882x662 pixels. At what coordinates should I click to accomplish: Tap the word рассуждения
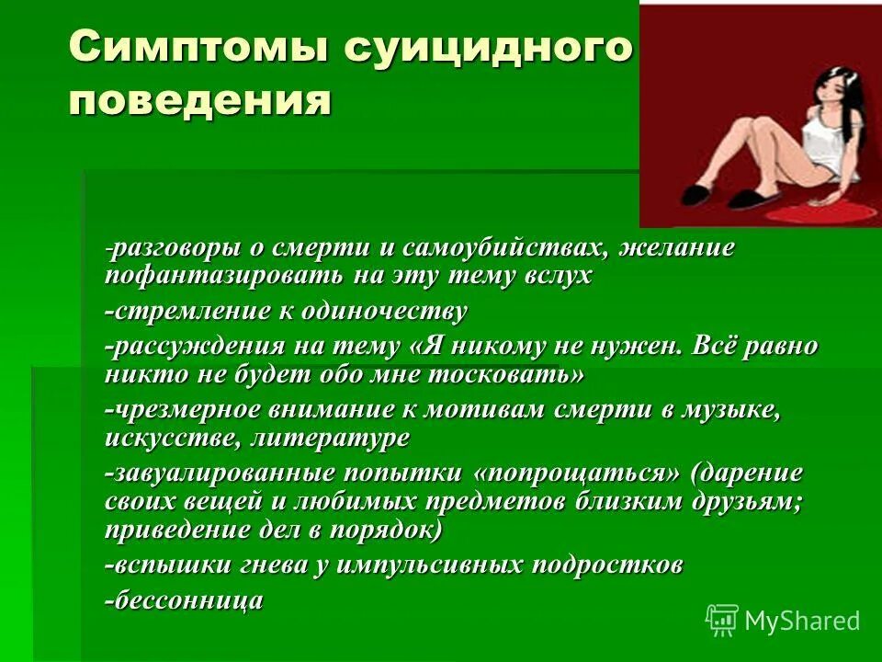(x=193, y=348)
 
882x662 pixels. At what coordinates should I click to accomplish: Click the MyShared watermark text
(x=803, y=621)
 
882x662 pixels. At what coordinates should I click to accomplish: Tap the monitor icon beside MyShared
(x=722, y=619)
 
